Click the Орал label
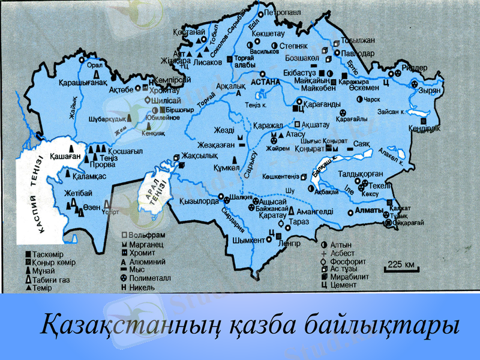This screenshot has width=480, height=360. (95, 65)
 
